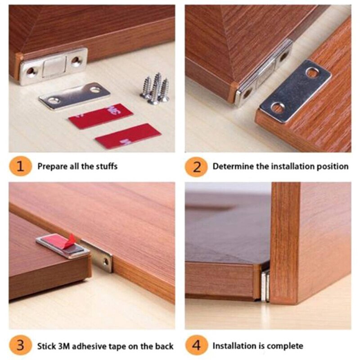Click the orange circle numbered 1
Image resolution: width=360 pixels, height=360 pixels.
click(x=20, y=166)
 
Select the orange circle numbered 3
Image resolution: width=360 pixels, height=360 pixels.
click(x=20, y=346)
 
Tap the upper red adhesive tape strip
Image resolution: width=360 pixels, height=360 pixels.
click(x=100, y=116)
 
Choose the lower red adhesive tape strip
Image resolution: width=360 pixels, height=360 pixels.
click(x=128, y=136)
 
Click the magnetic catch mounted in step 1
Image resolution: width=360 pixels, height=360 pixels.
click(x=53, y=66)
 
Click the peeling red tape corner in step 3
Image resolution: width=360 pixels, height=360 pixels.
click(x=69, y=240)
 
